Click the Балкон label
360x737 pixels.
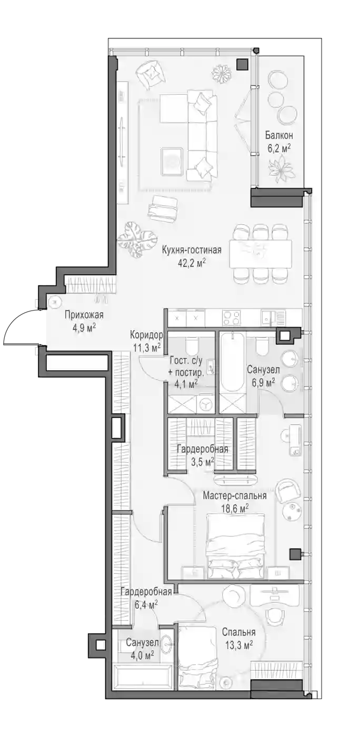(279, 136)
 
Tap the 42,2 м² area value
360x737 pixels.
(192, 263)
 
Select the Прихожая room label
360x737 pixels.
(84, 315)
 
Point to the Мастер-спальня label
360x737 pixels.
(234, 495)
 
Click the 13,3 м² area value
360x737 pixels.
(238, 643)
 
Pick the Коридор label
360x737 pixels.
(146, 335)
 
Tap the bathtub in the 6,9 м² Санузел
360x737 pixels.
(232, 362)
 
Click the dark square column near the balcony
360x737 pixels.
(243, 64)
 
